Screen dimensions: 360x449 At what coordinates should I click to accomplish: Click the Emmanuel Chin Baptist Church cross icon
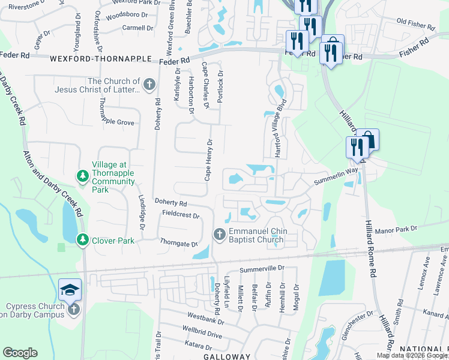pos(219,233)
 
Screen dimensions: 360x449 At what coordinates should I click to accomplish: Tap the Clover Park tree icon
pos(82,240)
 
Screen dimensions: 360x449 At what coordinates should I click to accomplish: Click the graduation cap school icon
pos(70,290)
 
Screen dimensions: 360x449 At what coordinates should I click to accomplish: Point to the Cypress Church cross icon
pos(74,309)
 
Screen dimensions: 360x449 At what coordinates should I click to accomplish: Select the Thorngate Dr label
pos(179,244)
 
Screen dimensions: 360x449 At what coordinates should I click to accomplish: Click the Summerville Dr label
pos(261,271)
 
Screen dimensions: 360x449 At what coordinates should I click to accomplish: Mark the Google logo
pos(20,353)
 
